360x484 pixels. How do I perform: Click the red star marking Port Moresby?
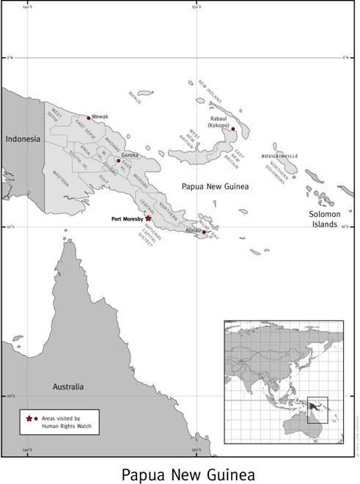(148, 218)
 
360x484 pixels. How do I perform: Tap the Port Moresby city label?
(126, 218)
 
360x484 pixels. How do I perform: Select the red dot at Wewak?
(89, 117)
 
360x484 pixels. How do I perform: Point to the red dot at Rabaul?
(233, 128)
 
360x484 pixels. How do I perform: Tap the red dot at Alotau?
(204, 232)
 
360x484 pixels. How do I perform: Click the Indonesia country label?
(23, 139)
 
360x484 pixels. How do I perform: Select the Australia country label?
(67, 386)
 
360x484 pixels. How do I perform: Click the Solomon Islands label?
(323, 219)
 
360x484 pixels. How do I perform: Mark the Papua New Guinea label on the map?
(216, 187)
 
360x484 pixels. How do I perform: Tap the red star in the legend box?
(29, 418)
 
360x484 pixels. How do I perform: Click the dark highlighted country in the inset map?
(316, 405)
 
